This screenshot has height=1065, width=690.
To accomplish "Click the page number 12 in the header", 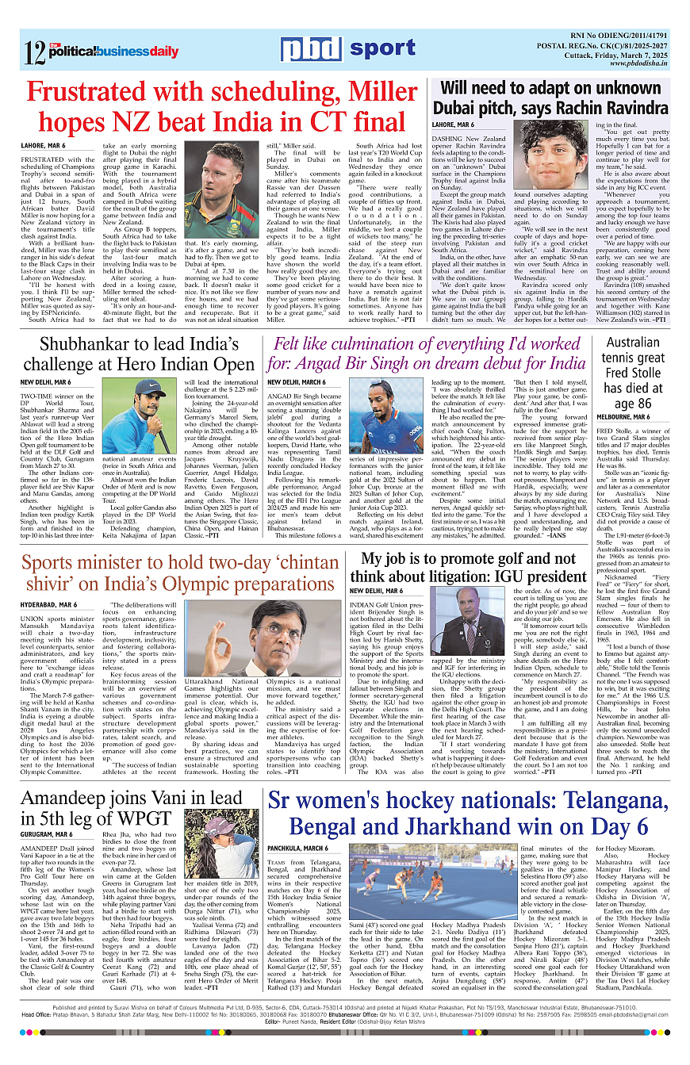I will point(34,52).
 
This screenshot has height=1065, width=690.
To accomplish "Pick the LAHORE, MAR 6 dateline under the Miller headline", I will point(44,146).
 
